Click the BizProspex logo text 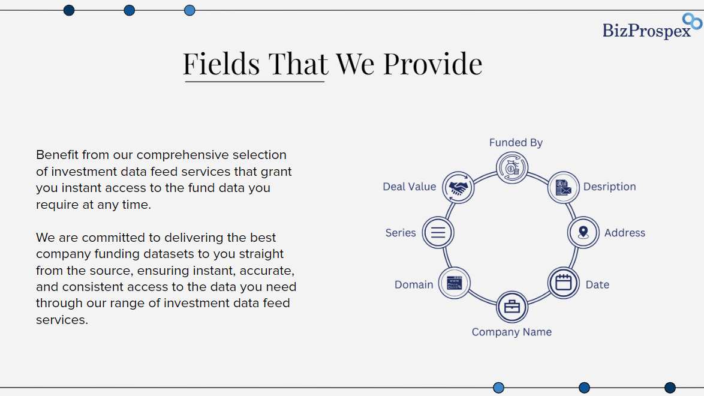(x=646, y=31)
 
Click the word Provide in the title (x=432, y=64)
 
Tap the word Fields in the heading (x=221, y=64)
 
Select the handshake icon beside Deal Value (x=458, y=187)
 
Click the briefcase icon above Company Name (x=512, y=307)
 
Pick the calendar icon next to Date (x=564, y=283)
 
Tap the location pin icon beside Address (x=583, y=232)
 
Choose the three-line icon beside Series (x=438, y=232)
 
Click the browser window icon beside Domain (x=455, y=283)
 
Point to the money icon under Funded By (x=512, y=168)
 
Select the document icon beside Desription (x=564, y=187)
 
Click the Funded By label (x=516, y=142)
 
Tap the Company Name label (x=512, y=332)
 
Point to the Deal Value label (x=409, y=187)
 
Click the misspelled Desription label (x=609, y=187)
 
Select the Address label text (x=624, y=232)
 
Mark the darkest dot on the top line (x=69, y=10)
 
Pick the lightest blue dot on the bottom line (x=498, y=388)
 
